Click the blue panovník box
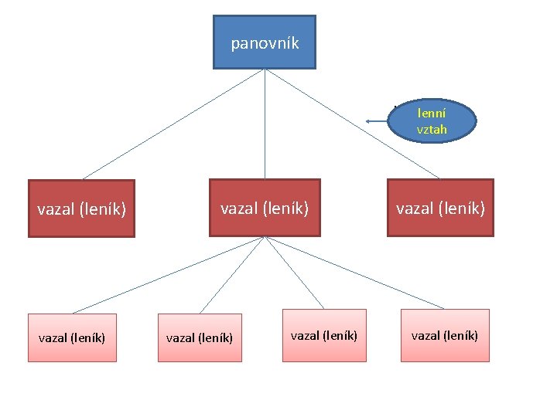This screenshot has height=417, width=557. pos(265,42)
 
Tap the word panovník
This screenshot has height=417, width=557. pos(265,43)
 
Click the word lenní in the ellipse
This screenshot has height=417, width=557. pos(432,113)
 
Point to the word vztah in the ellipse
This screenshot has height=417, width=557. pos(432,130)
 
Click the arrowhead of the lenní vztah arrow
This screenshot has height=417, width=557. pos(369,121)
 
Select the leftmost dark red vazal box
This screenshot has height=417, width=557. pos(81,208)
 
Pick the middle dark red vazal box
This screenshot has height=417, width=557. pos(265,207)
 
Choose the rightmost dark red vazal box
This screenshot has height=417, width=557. pos(440,207)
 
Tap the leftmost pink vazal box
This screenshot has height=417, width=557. pos(72,337)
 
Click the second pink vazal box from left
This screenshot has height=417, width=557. pos(200,337)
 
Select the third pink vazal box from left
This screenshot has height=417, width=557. pos(323,335)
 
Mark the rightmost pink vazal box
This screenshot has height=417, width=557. pos(444,335)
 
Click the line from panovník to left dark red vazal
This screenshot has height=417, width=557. pos(174,124)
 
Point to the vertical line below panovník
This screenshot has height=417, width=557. pos(265,124)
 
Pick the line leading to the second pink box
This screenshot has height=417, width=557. pos(232,275)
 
